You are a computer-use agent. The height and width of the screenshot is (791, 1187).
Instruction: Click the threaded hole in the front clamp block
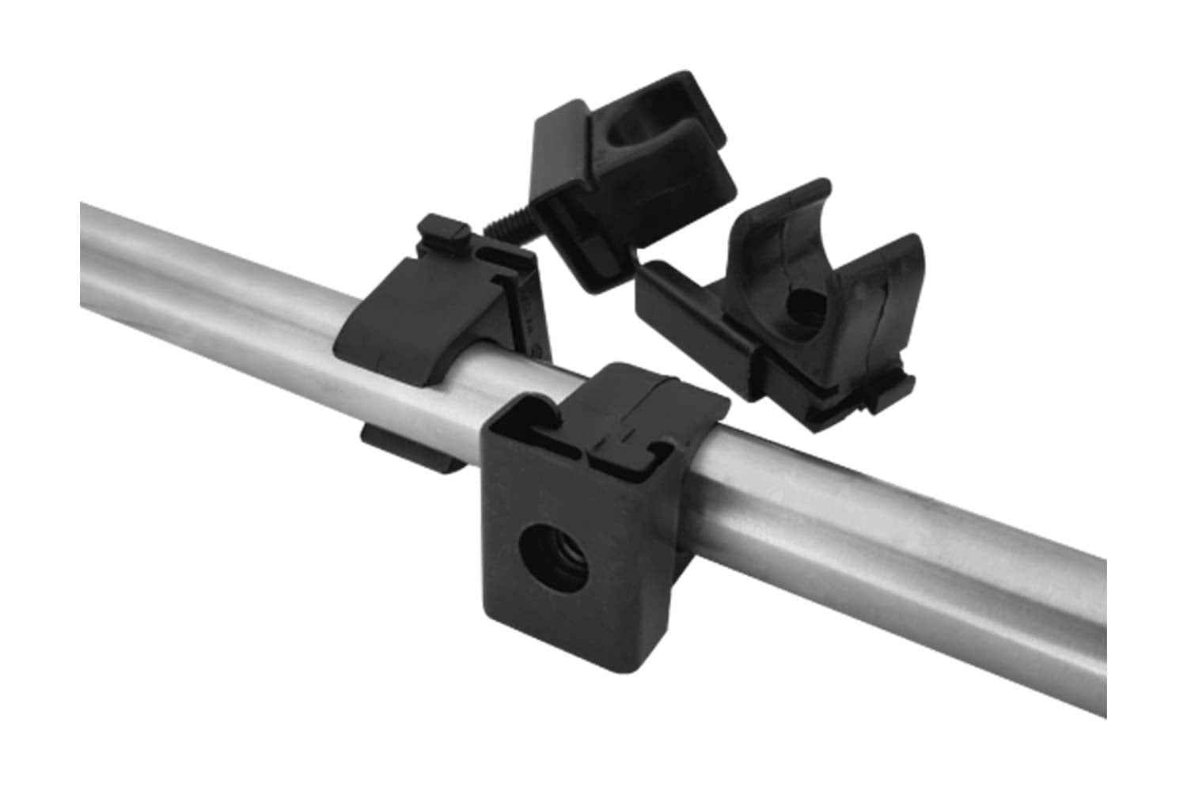coord(540,546)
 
